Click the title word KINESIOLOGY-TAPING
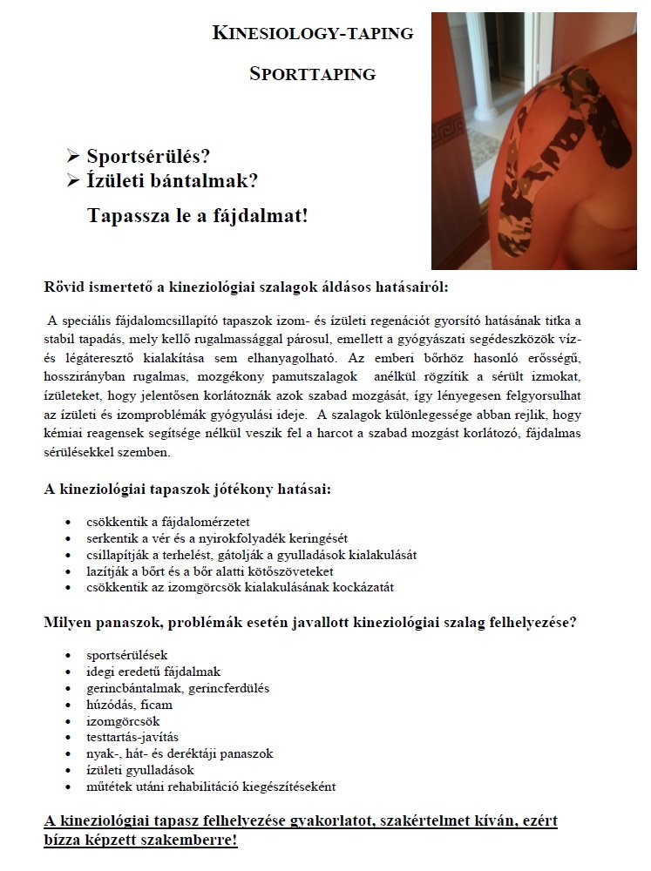click(313, 34)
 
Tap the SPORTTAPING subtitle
click(313, 74)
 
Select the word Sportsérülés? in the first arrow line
click(149, 157)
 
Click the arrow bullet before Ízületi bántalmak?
click(73, 181)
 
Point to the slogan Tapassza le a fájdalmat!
click(198, 214)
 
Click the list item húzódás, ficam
click(130, 704)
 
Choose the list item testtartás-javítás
click(132, 737)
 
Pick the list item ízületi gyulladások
click(140, 770)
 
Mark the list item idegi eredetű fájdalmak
click(153, 671)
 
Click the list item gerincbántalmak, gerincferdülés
click(178, 687)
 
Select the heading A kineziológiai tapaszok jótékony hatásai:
click(187, 490)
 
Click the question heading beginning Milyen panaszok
click(309, 623)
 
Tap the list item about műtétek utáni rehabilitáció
click(211, 787)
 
